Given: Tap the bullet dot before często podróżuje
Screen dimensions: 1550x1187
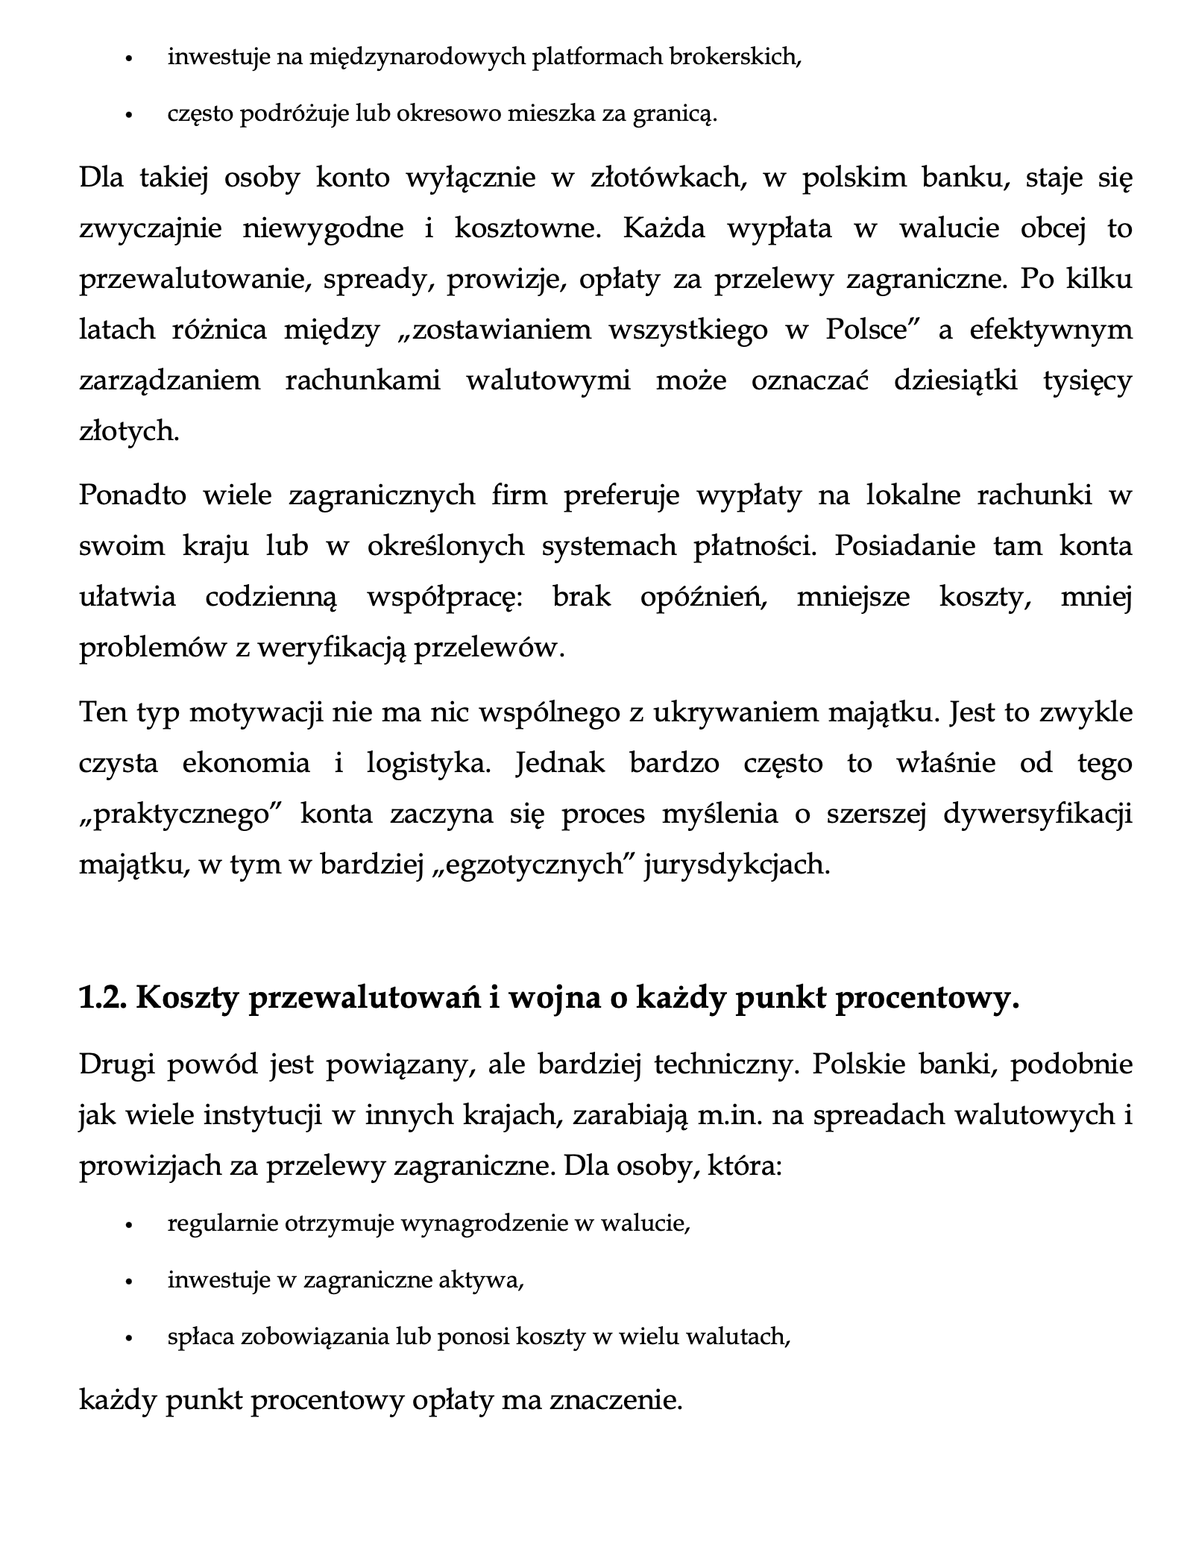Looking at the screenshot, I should tap(129, 116).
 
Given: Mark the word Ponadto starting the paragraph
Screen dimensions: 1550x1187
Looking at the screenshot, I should tap(133, 495).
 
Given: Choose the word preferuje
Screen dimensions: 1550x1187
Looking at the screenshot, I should tap(622, 495).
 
